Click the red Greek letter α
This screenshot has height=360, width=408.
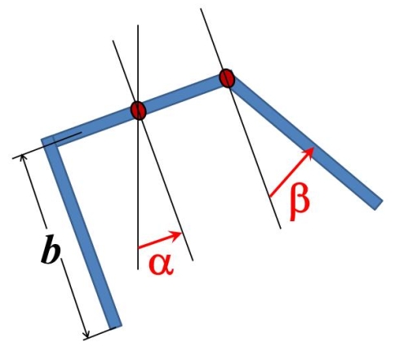(161, 264)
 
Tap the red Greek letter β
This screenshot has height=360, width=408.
(299, 202)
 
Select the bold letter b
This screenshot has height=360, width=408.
(51, 250)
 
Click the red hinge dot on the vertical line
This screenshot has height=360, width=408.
(139, 110)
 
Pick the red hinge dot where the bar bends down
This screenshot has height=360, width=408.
(227, 78)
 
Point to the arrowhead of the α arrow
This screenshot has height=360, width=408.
(179, 233)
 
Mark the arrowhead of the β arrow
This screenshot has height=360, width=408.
(312, 149)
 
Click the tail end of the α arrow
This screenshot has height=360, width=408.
(139, 248)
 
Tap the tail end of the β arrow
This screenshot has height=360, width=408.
(270, 196)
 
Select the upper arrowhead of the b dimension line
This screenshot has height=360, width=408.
(22, 156)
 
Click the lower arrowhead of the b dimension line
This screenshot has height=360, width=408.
(86, 336)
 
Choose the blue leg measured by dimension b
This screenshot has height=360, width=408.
(81, 231)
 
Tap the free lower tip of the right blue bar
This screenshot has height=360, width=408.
(379, 205)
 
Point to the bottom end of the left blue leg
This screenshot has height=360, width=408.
(115, 326)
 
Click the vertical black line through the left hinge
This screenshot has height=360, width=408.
(138, 147)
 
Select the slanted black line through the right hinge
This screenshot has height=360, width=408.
(241, 118)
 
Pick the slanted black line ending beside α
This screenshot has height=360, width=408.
(153, 150)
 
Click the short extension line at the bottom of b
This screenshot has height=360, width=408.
(100, 333)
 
